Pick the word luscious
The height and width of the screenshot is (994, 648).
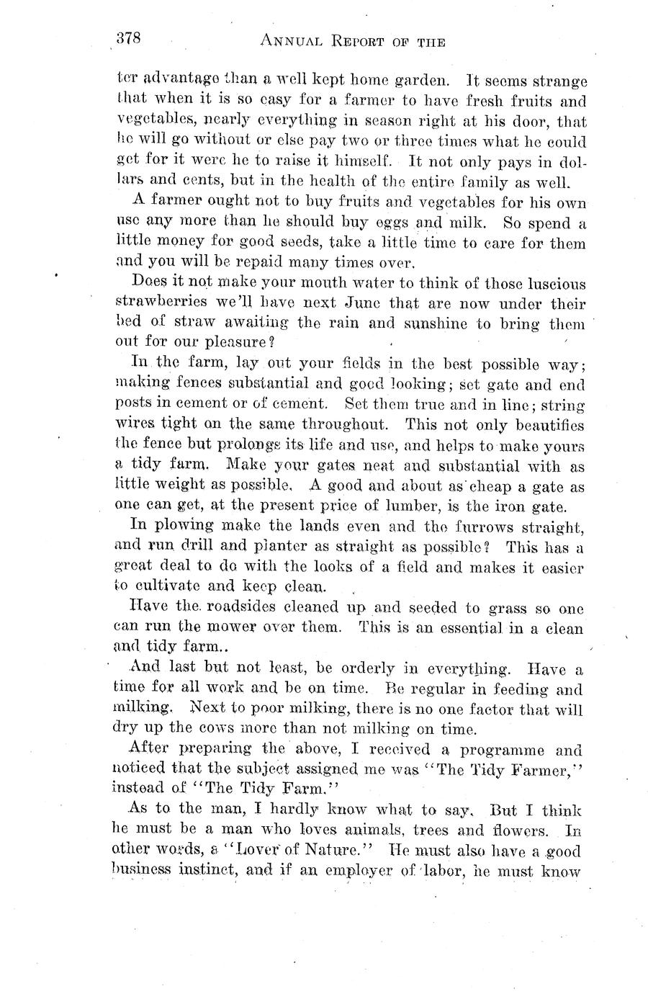point(551,284)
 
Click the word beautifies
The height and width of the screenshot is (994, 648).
point(549,425)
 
